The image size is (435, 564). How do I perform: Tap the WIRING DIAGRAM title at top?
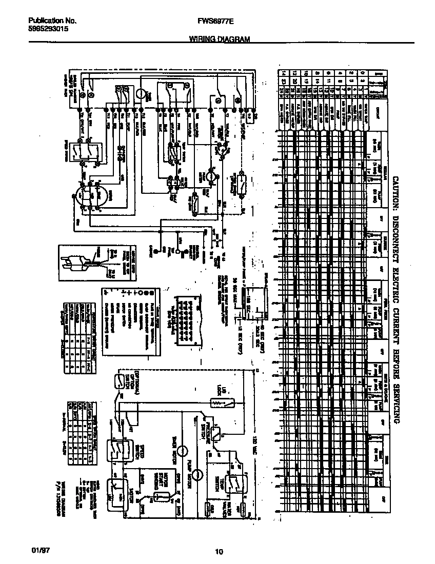tap(219, 39)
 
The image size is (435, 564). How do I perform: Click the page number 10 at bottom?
tap(219, 552)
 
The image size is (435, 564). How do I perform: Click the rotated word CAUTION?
tap(396, 192)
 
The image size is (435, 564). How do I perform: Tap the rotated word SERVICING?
tap(396, 399)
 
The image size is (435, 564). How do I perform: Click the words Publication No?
tap(52, 21)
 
